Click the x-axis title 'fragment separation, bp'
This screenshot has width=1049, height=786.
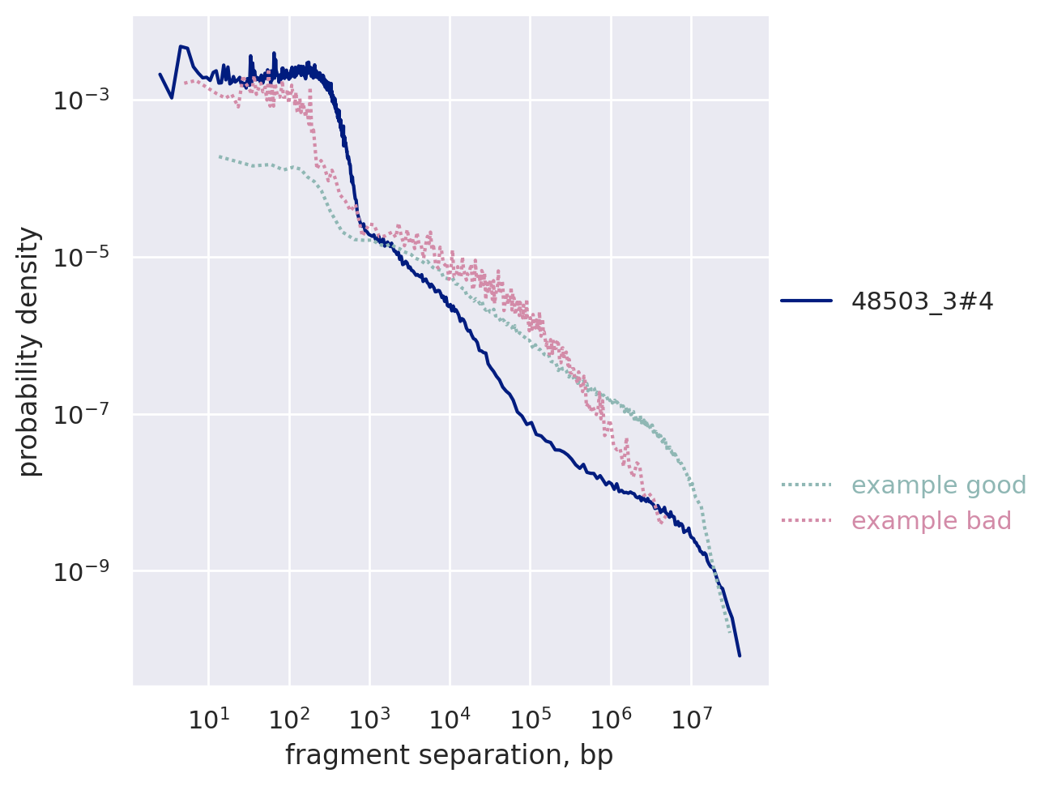click(x=449, y=755)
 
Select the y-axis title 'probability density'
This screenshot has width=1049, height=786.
click(x=29, y=352)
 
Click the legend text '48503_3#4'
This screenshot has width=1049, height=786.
click(x=922, y=301)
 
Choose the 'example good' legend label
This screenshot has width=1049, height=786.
click(x=939, y=485)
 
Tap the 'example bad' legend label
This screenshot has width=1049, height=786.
click(x=932, y=521)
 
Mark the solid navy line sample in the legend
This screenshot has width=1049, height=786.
click(x=806, y=301)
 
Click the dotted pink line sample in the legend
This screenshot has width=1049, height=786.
click(x=806, y=520)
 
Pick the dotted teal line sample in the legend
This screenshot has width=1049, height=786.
click(x=806, y=485)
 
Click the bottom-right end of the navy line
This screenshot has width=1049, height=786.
click(x=740, y=655)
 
